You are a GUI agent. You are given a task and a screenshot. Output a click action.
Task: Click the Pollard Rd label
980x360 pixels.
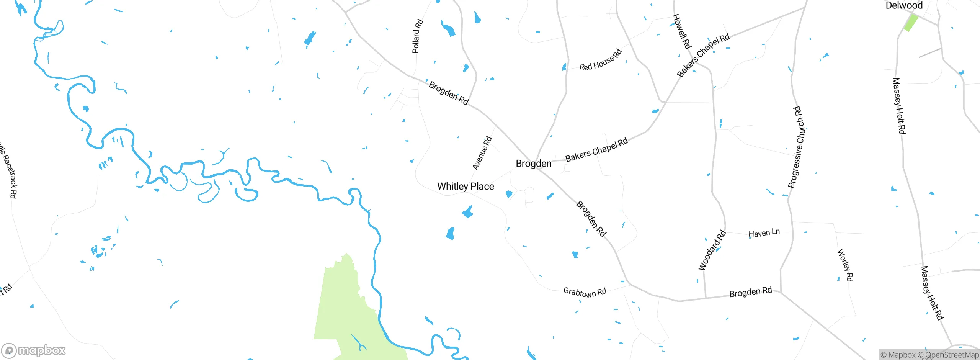417,36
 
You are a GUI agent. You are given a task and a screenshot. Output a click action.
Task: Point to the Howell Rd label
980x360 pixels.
682,31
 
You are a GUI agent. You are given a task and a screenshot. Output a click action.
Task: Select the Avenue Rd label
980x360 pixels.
482,153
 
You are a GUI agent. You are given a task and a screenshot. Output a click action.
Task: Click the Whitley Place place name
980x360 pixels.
465,187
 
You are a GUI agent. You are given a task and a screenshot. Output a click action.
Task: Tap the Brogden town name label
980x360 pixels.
534,164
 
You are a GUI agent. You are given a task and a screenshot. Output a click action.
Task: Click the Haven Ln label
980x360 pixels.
764,233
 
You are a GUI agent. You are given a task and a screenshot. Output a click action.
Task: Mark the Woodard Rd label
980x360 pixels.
712,250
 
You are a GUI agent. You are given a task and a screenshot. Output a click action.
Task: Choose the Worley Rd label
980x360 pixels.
845,265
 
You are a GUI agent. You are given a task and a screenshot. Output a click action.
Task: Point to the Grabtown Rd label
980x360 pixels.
585,292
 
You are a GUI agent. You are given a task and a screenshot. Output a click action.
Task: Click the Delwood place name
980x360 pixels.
904,5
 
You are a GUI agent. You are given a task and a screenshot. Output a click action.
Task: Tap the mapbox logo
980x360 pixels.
34,350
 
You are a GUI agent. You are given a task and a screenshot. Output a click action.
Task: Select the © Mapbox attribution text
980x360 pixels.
898,355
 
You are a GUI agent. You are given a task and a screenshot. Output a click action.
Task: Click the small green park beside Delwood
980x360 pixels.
911,22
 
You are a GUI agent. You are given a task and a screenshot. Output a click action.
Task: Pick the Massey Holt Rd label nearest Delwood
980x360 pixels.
899,106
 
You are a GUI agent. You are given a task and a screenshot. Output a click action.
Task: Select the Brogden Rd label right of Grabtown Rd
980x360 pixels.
750,292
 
